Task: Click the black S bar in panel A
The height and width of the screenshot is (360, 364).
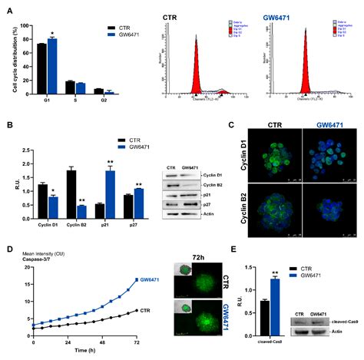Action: pos(70,87)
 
